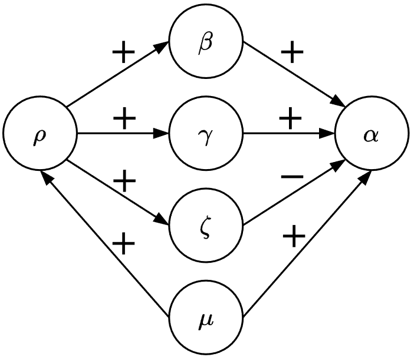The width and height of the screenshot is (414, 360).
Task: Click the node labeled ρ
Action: (x=40, y=134)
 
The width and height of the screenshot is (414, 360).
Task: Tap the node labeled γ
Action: (x=206, y=134)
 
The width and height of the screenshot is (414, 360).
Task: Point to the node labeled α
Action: (x=372, y=134)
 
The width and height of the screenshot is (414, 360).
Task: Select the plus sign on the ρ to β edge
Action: (x=123, y=53)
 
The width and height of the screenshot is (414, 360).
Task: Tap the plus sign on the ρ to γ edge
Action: (x=124, y=120)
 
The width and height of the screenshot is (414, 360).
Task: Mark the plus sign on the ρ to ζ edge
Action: (x=124, y=181)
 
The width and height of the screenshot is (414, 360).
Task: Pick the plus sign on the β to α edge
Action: (x=292, y=53)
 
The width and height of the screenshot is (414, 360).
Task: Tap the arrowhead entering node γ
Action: (x=164, y=134)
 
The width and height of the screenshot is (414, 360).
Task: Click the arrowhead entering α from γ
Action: (x=330, y=134)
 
